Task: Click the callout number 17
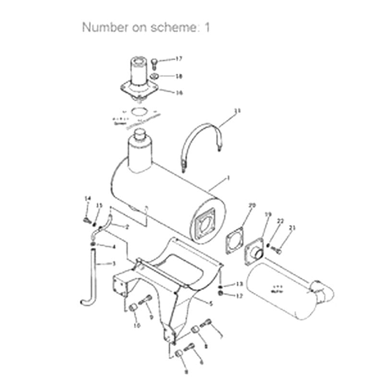165,59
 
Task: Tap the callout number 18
165,76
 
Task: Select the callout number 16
165,93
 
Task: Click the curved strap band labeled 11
202,132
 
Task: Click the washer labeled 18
153,76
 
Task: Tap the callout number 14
87,198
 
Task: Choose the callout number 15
99,205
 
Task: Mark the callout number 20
252,205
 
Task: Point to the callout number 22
281,221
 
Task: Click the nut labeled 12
220,293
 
